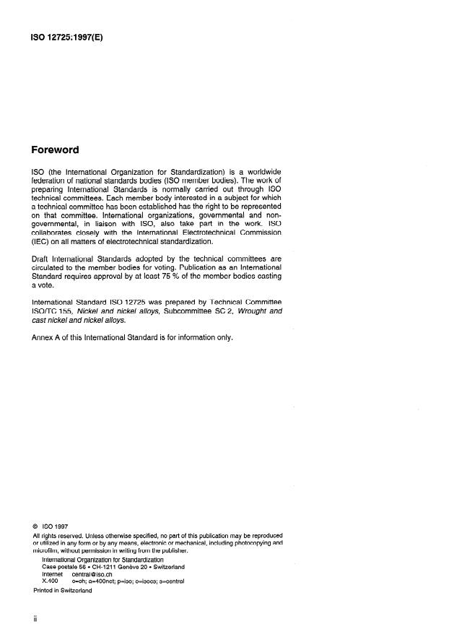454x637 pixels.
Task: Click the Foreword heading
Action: (x=56, y=151)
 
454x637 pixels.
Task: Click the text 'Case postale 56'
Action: (x=67, y=567)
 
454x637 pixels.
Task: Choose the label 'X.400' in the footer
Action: (x=50, y=581)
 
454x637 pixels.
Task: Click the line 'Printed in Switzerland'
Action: (x=63, y=590)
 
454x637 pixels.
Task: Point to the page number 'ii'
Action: (x=35, y=620)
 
